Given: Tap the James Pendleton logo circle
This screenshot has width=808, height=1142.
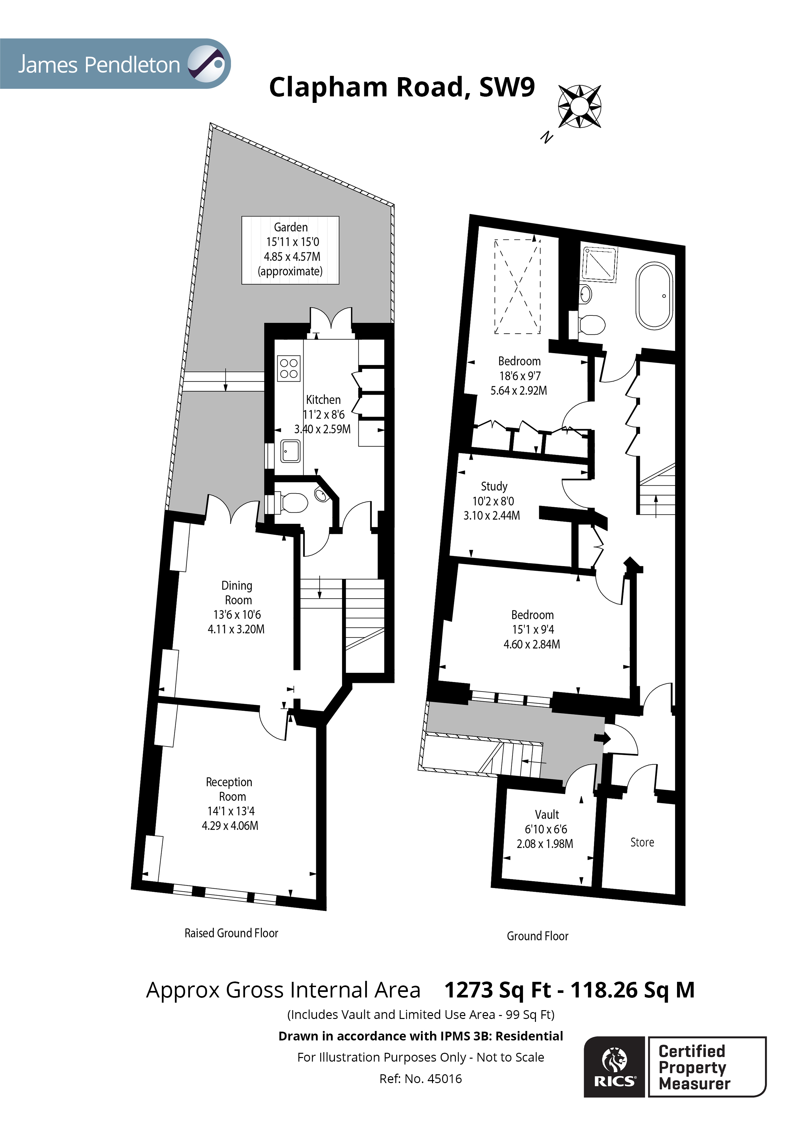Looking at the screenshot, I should (x=207, y=64).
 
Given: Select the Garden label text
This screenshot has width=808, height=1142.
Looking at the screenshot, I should (x=291, y=227).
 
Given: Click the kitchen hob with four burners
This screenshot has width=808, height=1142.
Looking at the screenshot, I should (x=289, y=368).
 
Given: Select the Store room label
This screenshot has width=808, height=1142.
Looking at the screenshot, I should (x=642, y=842).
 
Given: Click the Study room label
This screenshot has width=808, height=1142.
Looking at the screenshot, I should (x=494, y=486).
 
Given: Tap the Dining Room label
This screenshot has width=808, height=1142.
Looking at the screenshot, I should (x=237, y=592).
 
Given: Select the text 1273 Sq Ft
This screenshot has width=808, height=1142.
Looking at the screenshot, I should (x=498, y=990).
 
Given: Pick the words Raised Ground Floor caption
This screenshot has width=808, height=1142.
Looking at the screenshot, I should (x=231, y=933).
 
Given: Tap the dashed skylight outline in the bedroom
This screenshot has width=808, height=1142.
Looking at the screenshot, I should (x=517, y=286).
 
